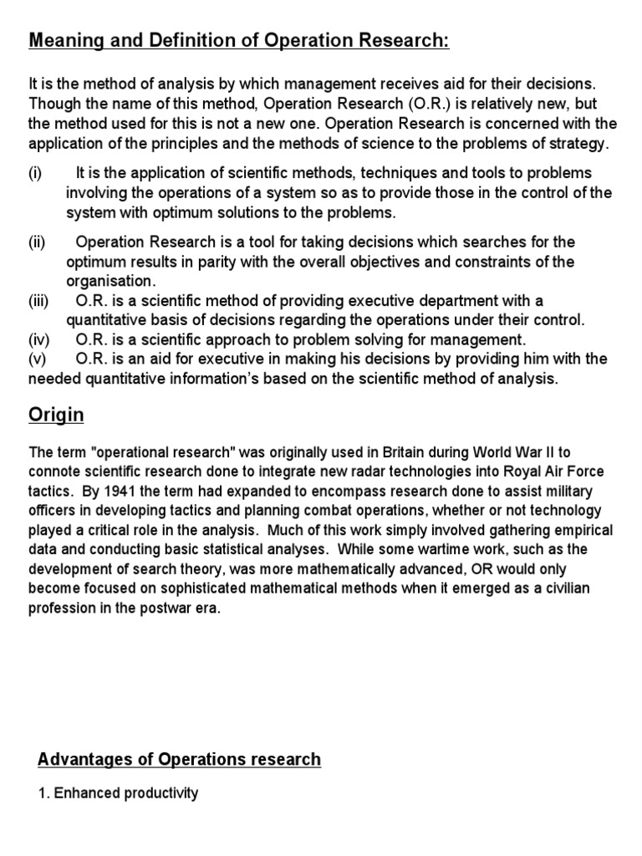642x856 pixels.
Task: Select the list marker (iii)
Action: pyautogui.click(x=39, y=300)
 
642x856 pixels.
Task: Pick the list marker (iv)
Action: pyautogui.click(x=39, y=340)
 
